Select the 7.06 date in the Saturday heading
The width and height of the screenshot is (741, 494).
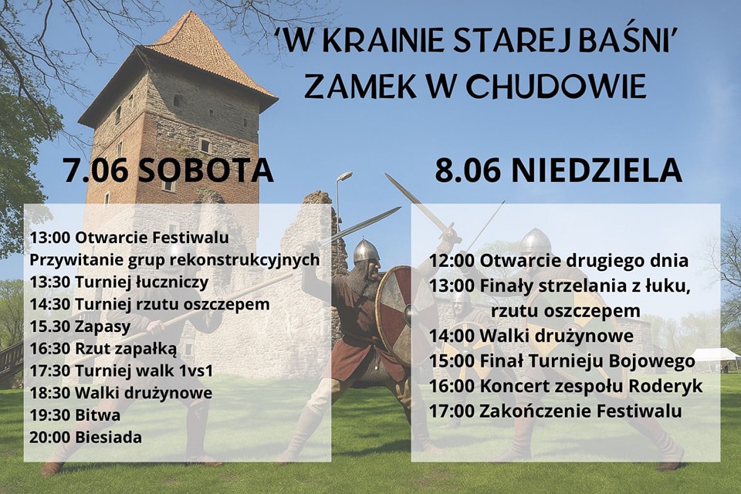tap(96, 170)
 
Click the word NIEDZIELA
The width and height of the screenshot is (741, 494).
tap(597, 170)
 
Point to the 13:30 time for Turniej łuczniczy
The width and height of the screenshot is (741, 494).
tap(49, 283)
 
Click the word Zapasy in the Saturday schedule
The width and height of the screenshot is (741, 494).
tap(103, 327)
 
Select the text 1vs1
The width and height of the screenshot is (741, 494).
tap(196, 370)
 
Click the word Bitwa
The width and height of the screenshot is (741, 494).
tap(97, 415)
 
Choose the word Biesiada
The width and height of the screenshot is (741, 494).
tap(108, 438)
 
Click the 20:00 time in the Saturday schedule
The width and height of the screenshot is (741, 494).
tap(49, 438)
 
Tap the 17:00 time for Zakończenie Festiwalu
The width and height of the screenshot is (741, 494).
tap(452, 411)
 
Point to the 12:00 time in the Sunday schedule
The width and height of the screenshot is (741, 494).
tap(452, 261)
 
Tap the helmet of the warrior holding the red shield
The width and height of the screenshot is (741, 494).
tap(366, 252)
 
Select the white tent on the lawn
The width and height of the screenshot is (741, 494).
tap(715, 360)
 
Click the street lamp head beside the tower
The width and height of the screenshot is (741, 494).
tap(345, 176)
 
